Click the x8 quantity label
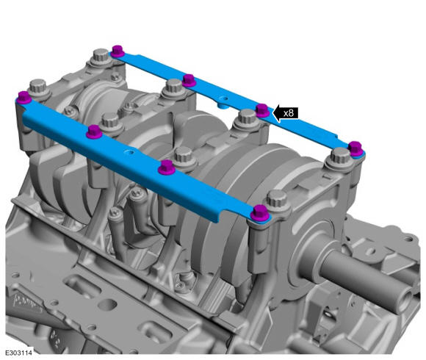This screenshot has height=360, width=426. pos(288,112)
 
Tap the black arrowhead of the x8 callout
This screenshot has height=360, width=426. pos(277,113)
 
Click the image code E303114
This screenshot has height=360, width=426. pos(19,353)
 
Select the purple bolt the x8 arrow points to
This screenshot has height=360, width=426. pos(262,110)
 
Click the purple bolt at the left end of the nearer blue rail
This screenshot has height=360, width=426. pos(24,98)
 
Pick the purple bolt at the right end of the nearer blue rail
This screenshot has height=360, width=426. pos(261,213)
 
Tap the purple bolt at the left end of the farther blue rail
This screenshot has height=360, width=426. pos(118,51)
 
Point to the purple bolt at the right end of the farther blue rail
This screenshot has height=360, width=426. pos(356,149)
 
